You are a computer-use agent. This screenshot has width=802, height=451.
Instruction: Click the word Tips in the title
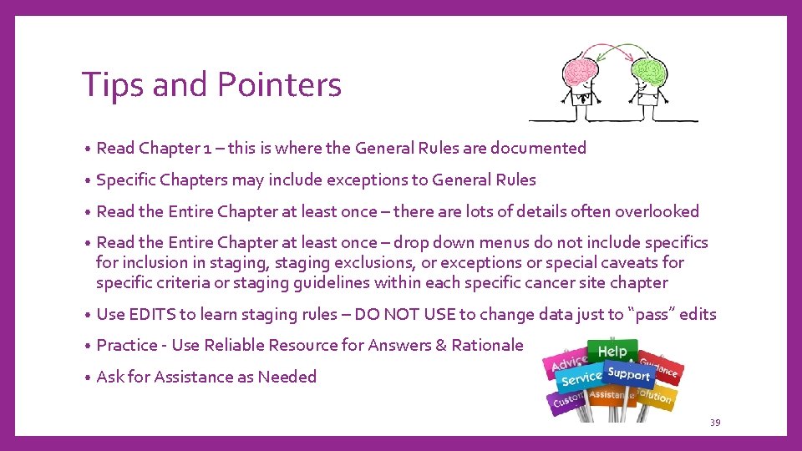click(106, 84)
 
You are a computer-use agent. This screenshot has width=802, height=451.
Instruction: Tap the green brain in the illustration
click(652, 68)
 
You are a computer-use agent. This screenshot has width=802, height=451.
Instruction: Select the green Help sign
click(612, 351)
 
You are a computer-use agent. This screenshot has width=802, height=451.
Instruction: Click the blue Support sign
click(629, 374)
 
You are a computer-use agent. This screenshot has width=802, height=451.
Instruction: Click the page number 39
click(715, 423)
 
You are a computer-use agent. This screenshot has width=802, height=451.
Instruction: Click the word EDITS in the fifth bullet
click(154, 314)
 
